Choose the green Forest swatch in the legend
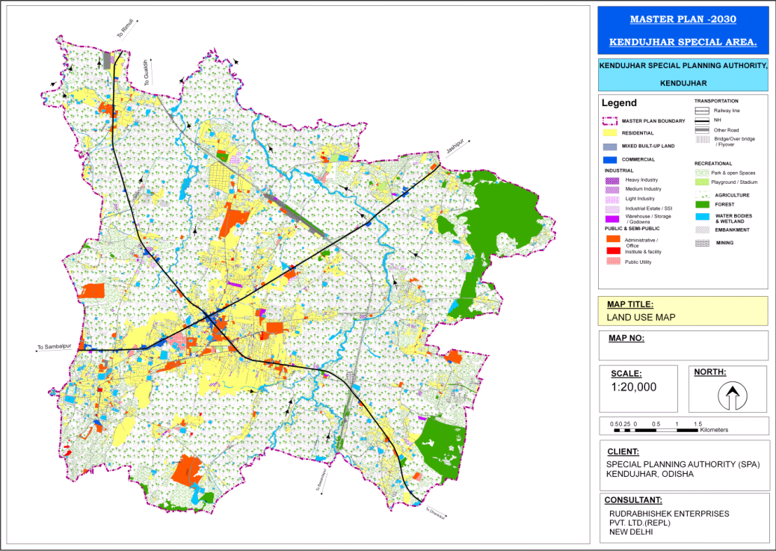(702, 204)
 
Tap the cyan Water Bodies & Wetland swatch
(702, 217)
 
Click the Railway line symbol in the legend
(702, 111)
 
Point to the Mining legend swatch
(702, 243)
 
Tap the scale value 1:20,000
(633, 387)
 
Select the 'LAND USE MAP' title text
(641, 317)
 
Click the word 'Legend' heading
(620, 103)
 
